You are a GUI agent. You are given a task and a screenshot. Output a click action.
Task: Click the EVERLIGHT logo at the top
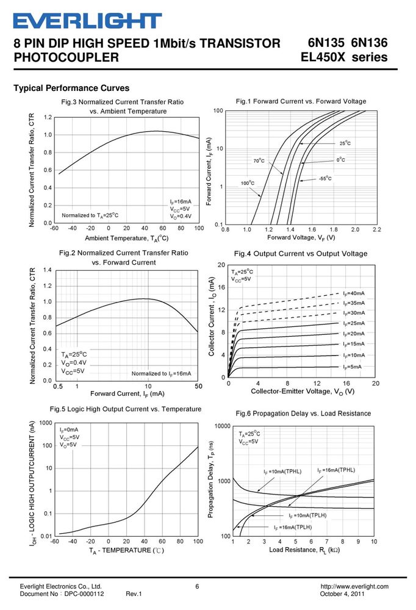[x=88, y=21]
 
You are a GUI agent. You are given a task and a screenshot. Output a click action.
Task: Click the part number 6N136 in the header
[x=369, y=43]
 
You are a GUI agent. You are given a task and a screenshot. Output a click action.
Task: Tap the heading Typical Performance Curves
[x=71, y=88]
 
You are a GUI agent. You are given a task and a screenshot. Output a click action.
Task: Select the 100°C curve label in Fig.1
[x=248, y=183]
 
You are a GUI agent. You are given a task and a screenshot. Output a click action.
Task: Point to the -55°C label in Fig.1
[x=325, y=178]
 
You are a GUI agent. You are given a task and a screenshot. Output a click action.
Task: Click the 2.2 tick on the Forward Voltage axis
[x=377, y=229]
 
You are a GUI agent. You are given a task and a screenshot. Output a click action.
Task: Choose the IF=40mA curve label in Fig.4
[x=354, y=293]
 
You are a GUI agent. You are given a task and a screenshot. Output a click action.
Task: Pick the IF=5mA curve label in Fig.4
[x=352, y=367]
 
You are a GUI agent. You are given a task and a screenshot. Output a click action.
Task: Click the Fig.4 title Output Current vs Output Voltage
[x=301, y=254]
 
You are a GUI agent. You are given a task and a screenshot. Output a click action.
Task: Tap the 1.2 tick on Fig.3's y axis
[x=48, y=117]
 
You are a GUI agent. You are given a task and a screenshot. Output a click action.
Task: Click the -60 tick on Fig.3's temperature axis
[x=54, y=228]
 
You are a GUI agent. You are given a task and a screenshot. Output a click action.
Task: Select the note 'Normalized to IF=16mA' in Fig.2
[x=162, y=373]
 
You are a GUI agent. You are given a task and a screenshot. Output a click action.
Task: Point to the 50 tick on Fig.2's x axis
[x=198, y=386]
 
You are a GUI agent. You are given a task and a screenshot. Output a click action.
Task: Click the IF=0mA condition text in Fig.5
[x=69, y=429]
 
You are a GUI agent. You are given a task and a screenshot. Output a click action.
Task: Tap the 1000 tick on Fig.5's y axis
[x=46, y=423]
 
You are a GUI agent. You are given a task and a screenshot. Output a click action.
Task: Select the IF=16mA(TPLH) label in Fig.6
[x=293, y=528]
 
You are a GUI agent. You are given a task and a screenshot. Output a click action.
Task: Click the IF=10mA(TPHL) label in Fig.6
[x=282, y=472]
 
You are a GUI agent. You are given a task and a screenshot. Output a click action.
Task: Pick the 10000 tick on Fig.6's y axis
[x=223, y=426]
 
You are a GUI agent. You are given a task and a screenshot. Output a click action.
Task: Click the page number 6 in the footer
[x=197, y=586]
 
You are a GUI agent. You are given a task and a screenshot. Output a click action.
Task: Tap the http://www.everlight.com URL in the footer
[x=354, y=586]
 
